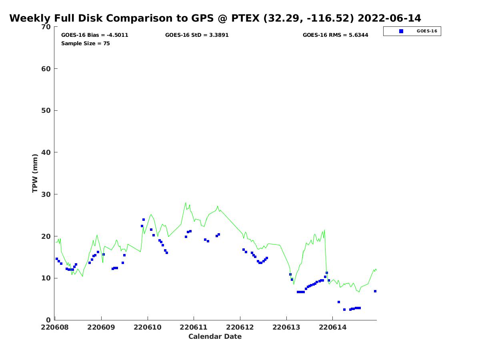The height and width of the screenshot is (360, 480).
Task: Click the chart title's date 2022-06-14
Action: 389,18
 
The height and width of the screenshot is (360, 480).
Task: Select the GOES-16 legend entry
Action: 412,31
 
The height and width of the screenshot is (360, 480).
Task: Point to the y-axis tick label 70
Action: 46,27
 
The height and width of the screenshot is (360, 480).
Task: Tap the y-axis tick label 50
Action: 46,110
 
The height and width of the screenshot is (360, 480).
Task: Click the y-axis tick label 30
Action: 46,194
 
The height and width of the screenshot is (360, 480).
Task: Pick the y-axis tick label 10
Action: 46,278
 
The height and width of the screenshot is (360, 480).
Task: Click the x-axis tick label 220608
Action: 55,327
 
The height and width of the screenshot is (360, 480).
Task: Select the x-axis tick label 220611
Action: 194,327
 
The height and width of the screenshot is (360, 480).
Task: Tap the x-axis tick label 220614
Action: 332,327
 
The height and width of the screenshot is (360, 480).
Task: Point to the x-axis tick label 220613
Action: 286,327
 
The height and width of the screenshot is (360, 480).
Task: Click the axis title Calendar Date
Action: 215,336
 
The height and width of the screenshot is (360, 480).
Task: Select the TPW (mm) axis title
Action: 35,173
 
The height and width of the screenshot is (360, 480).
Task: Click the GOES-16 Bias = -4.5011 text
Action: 94,35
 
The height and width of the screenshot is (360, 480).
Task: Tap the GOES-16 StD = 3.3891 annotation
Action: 197,35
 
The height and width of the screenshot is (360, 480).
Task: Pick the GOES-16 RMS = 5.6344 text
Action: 335,35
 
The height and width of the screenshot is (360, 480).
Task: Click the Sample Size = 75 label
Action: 85,43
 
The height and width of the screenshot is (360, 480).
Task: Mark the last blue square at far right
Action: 375,291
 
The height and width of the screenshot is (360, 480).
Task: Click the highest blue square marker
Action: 144,220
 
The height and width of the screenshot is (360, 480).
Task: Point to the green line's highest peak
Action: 186,202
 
